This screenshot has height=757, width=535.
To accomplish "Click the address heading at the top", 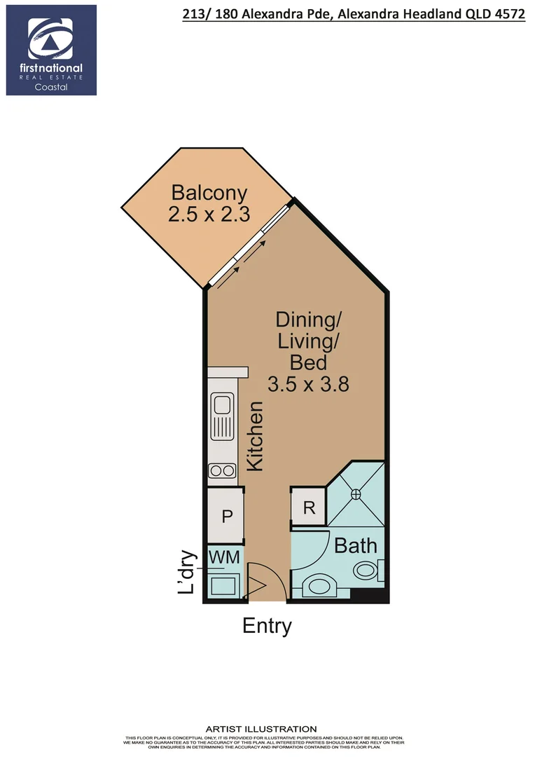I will [352, 13].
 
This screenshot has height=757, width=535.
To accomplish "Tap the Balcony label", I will [209, 192].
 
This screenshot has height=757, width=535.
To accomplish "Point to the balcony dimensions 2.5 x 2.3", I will [209, 214].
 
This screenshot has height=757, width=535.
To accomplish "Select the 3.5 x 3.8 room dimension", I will [308, 384].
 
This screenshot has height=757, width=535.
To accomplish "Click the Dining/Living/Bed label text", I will [308, 341].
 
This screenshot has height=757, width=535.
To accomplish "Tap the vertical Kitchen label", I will [255, 435].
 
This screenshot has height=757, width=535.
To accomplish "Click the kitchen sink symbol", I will [223, 414].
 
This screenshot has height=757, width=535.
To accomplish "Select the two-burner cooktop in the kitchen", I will [223, 470].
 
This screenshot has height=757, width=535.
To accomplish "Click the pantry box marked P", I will [226, 517].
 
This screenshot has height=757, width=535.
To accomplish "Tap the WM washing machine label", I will [225, 557].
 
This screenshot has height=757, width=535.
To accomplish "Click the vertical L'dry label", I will [186, 573].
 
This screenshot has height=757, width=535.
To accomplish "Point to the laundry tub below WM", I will [224, 583].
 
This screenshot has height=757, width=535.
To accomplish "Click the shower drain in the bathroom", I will [356, 494].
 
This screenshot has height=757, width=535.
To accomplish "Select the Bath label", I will [355, 545].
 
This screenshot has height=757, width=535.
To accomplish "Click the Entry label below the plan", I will [267, 626].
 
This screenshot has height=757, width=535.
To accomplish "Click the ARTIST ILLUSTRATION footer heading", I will [260, 729].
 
